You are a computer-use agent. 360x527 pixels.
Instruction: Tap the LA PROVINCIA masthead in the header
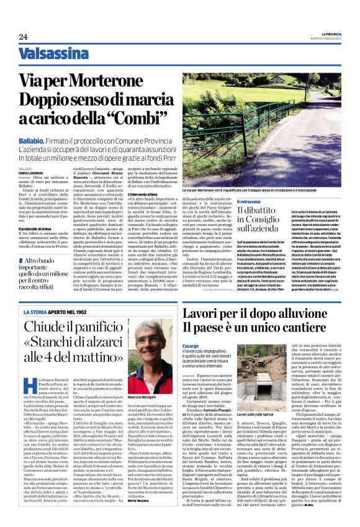click(326, 32)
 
